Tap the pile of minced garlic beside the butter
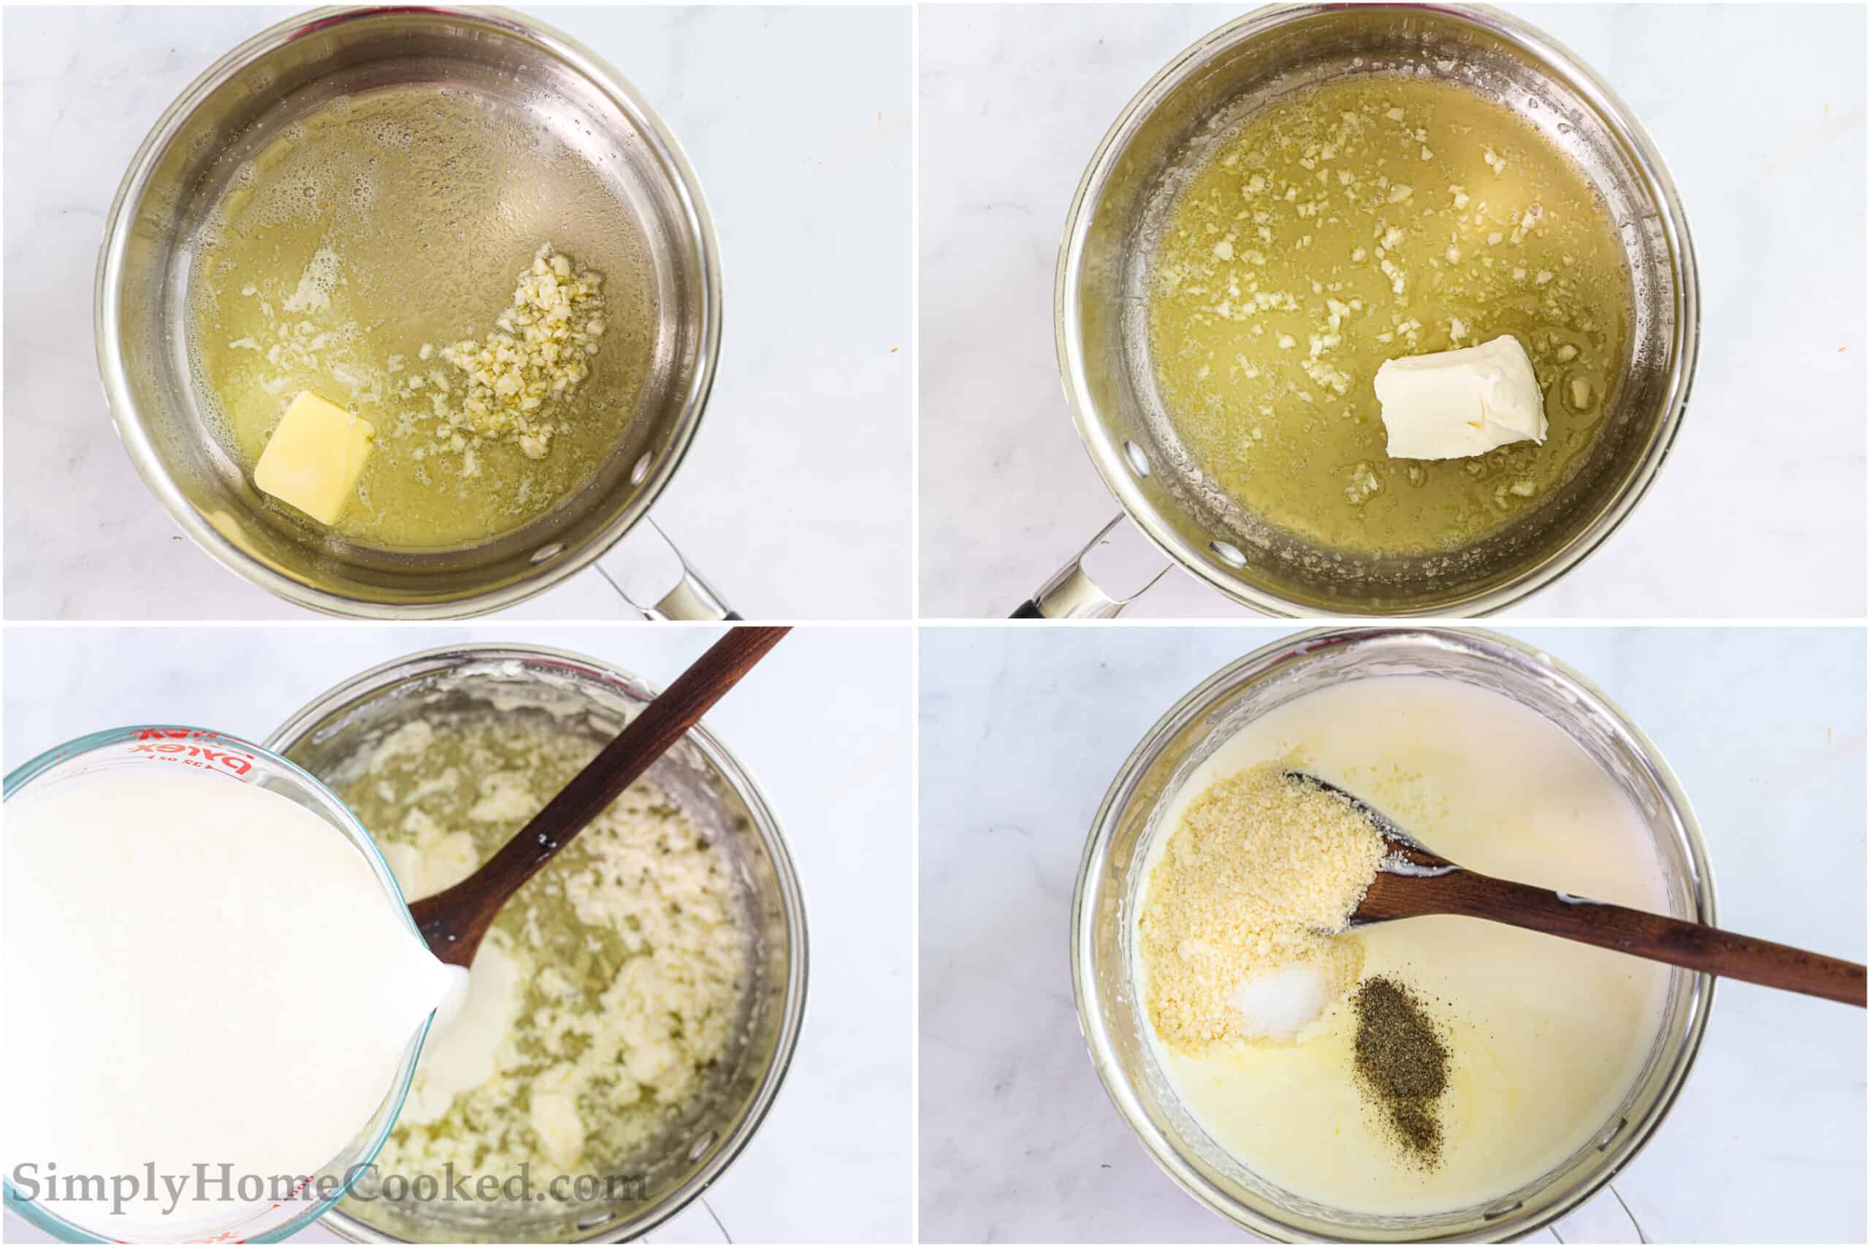point(524,358)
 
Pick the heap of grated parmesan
point(1248,891)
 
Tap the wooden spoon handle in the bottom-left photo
point(636,763)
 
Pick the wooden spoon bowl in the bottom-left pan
point(449,923)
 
